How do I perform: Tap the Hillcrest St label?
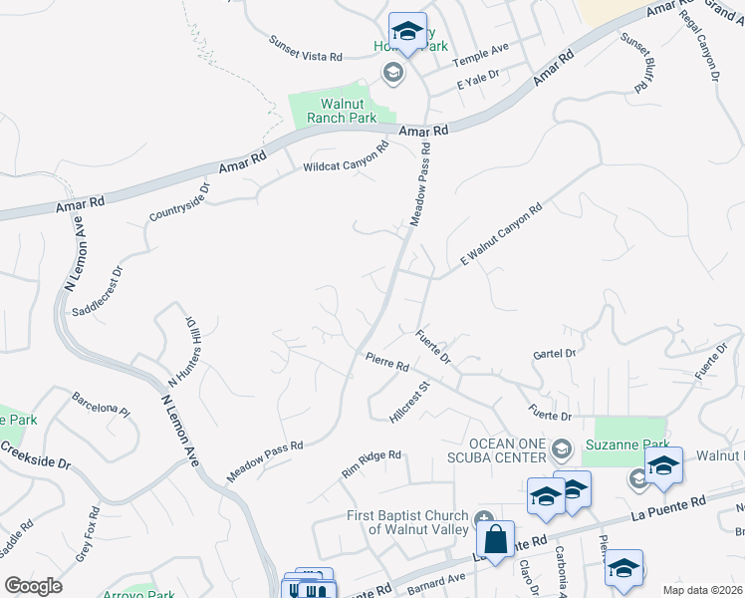point(408,401)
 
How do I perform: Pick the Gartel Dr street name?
point(555,354)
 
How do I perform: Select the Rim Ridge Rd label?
point(372,462)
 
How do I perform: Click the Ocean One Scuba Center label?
point(508,449)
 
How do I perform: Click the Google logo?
point(34,586)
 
